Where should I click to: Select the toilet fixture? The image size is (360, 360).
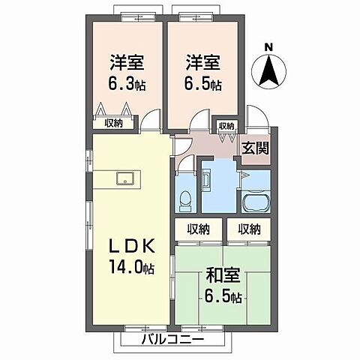pos(186,199)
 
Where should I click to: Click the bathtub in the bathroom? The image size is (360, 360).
pos(256,201)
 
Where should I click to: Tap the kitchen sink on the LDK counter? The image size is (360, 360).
pos(125,178)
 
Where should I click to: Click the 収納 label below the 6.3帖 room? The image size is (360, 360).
pos(114,123)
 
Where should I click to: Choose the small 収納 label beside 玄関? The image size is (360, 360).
pos(226,126)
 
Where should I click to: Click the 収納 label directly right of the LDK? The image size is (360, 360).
pos(198,229)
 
